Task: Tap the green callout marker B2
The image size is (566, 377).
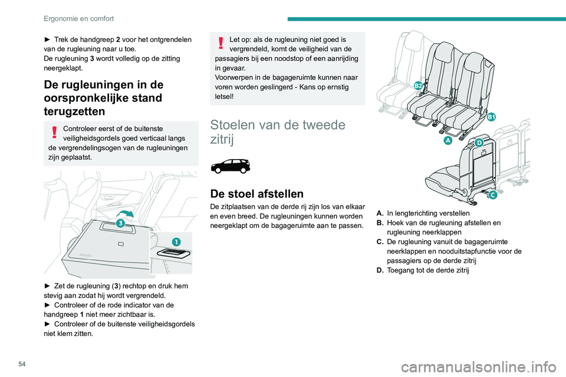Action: [418, 86]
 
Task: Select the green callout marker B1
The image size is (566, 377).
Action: [491, 117]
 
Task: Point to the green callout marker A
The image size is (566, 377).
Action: [448, 141]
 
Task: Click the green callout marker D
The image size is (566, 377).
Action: [479, 143]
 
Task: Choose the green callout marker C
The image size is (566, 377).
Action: [491, 196]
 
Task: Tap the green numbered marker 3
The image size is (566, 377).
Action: [120, 223]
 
